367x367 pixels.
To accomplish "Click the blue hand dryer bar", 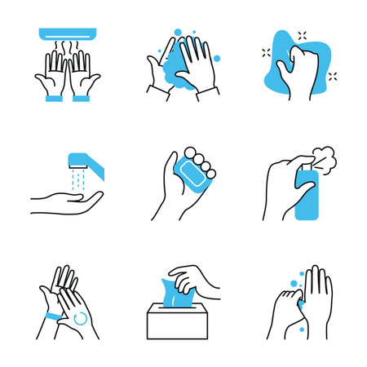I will point(68,35).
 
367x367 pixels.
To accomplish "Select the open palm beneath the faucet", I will point(69,198).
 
